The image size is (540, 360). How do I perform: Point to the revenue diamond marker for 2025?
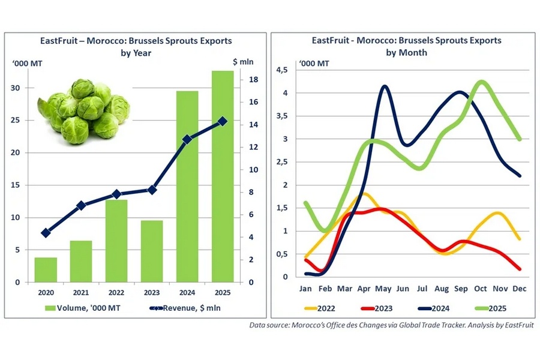click(223, 121)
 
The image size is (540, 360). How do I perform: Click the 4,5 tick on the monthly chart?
click(283, 70)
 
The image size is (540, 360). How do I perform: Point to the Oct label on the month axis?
click(481, 289)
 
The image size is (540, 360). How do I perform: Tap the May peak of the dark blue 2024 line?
click(384, 87)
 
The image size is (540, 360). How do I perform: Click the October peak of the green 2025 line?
click(481, 82)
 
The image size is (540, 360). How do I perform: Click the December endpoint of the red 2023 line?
click(519, 269)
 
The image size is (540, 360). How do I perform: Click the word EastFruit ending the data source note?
click(516, 325)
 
